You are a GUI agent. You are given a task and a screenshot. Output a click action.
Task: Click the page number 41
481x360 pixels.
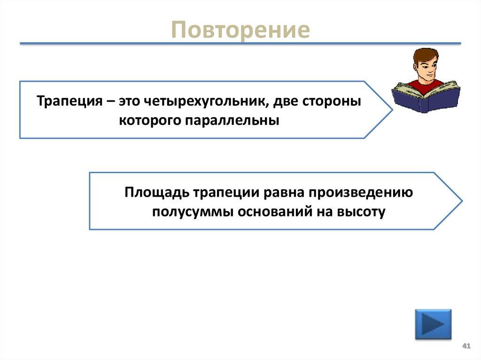(x=466, y=346)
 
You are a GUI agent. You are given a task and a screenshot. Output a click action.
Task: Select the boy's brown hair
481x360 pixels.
(x=425, y=54)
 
